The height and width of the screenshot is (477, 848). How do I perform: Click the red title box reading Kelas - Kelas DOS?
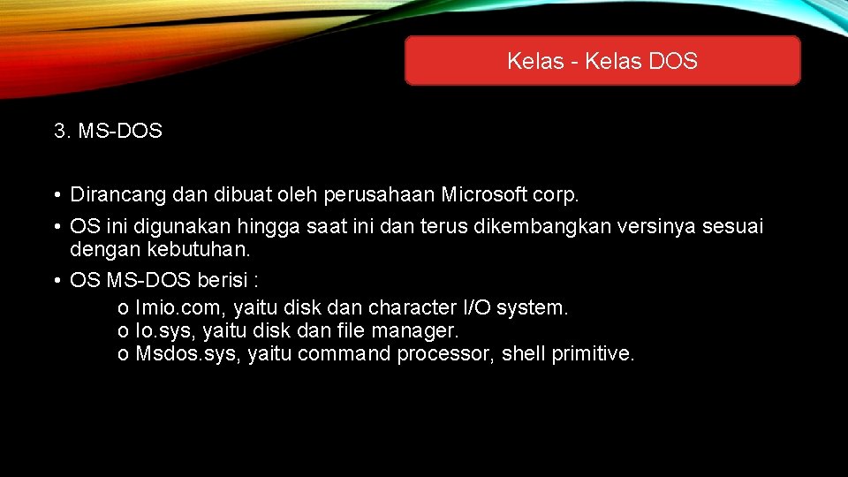(x=602, y=61)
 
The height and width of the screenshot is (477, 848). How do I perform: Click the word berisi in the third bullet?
(x=224, y=279)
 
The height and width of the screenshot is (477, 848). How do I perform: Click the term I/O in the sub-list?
(x=477, y=308)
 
